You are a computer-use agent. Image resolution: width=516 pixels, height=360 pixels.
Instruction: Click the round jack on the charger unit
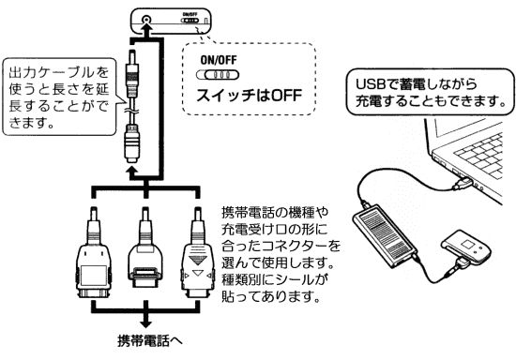coord(146,20)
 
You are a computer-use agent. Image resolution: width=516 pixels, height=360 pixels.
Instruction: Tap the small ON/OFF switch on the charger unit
coord(190,21)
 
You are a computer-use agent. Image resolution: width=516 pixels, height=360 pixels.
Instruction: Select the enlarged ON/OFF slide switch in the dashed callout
coord(218,75)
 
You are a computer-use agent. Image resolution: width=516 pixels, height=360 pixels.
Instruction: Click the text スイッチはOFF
coord(249,96)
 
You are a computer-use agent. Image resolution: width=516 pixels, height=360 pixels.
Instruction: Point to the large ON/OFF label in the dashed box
coord(219,60)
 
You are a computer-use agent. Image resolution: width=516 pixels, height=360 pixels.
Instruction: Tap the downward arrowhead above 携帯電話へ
coord(145,322)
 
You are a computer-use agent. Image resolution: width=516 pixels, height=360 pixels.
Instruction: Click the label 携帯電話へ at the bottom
coord(150,340)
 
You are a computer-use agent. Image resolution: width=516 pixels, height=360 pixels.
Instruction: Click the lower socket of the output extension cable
coord(132,144)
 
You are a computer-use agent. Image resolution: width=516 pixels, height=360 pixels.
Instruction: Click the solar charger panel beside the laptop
coord(385,236)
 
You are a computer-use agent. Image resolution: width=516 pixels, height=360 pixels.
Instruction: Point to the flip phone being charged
coord(466,247)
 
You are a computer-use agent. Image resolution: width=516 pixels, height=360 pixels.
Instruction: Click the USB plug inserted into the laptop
coord(463,182)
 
